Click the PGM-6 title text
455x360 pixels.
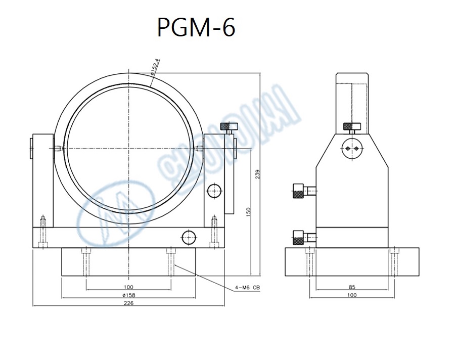(x=196, y=28)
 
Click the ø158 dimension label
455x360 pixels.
(x=128, y=295)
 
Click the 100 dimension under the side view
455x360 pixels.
(x=352, y=295)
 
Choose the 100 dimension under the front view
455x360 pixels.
(x=128, y=287)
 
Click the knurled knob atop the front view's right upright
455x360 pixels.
(x=229, y=126)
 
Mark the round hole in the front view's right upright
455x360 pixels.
(x=214, y=191)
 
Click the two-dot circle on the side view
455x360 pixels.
(x=352, y=148)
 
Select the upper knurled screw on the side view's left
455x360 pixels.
(x=299, y=191)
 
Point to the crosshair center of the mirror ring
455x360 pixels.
(x=129, y=148)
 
